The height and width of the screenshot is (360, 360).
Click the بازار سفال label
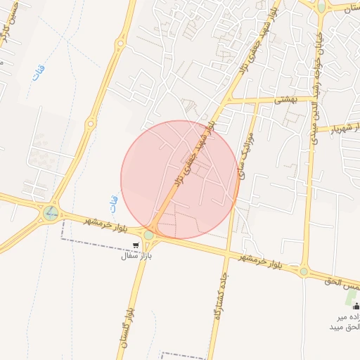(136, 257)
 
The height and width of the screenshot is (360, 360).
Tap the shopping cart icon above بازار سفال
(136, 245)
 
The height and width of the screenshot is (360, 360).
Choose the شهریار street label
(345, 128)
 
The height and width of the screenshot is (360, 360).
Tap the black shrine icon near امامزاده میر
(356, 306)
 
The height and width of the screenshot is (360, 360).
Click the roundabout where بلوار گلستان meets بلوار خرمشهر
(149, 235)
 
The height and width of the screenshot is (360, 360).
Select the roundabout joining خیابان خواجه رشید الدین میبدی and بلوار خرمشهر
(304, 271)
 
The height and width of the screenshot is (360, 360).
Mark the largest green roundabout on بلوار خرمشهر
(50, 212)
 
